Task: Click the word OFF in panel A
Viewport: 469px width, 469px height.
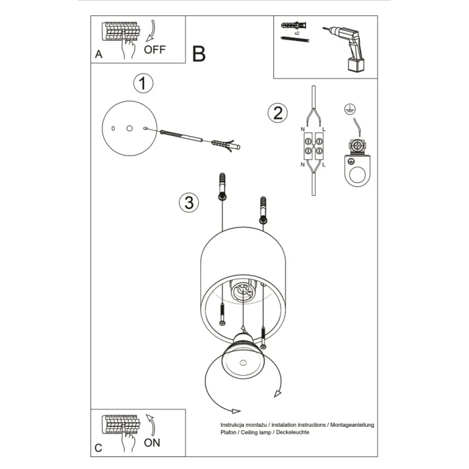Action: (x=155, y=50)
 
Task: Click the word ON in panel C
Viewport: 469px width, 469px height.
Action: (x=153, y=443)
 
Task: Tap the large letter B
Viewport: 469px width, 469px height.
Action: (x=198, y=54)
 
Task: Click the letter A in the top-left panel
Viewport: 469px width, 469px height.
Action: (x=98, y=56)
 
